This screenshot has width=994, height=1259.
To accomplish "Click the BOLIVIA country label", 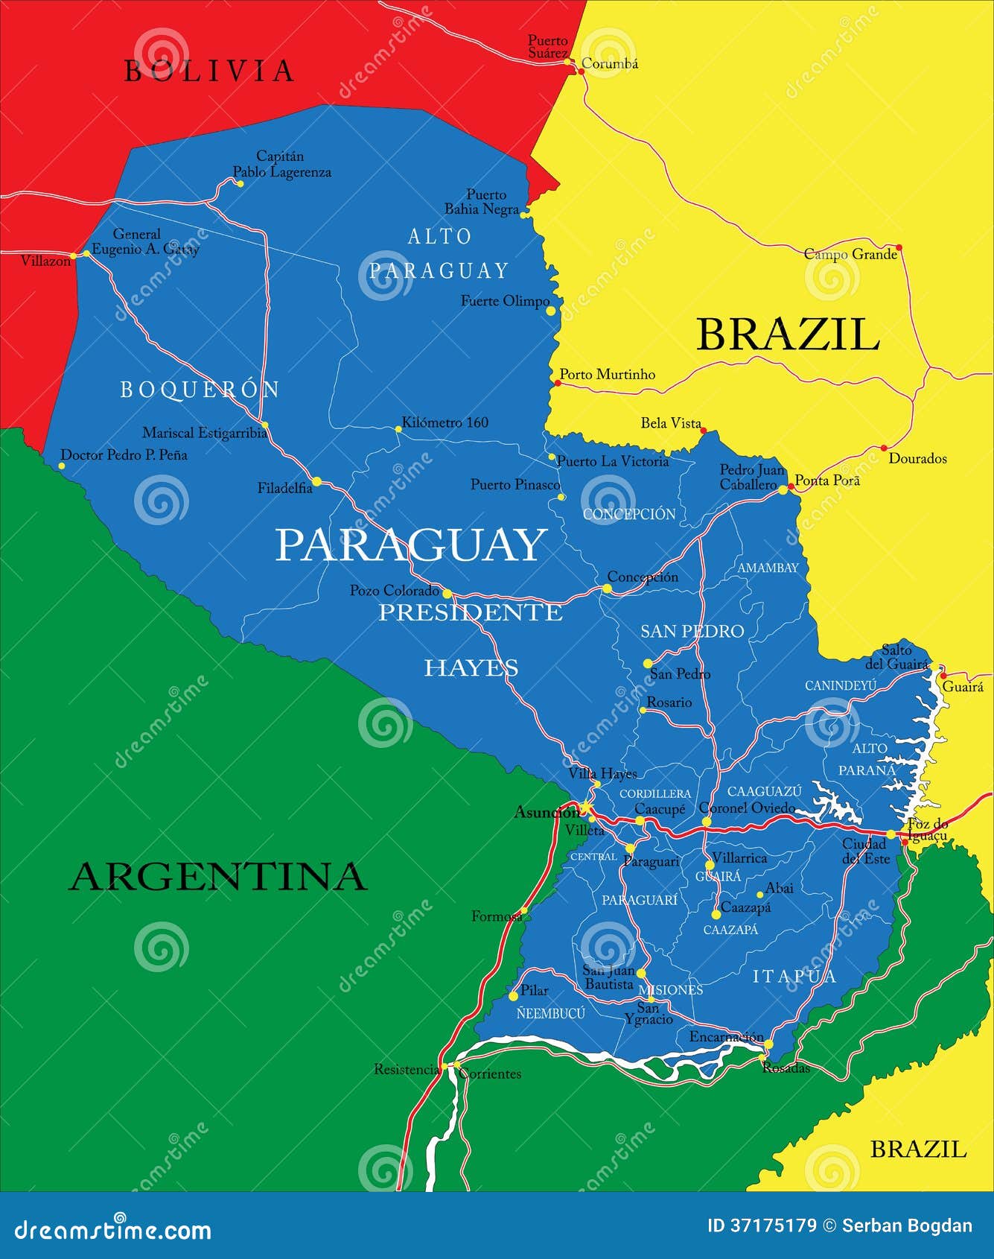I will pyautogui.click(x=208, y=72).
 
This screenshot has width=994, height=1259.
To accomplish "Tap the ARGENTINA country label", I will pyautogui.click(x=218, y=876).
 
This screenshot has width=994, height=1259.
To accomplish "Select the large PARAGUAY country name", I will pyautogui.click(x=411, y=545).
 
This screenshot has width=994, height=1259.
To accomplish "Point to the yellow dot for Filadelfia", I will pyautogui.click(x=316, y=482).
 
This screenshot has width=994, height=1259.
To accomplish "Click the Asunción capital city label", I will pyautogui.click(x=546, y=812).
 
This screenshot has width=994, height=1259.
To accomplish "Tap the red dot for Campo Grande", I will pyautogui.click(x=899, y=247).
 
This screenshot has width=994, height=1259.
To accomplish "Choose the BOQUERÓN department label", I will pyautogui.click(x=200, y=390).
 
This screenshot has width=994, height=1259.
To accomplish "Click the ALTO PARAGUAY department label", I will pyautogui.click(x=439, y=253).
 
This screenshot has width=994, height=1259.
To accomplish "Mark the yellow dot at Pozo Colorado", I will pyautogui.click(x=447, y=594).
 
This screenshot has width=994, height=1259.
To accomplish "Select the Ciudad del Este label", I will pyautogui.click(x=865, y=851).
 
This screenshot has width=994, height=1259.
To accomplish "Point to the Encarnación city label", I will pyautogui.click(x=726, y=1037).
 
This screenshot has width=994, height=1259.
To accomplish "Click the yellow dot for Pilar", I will pyautogui.click(x=513, y=996).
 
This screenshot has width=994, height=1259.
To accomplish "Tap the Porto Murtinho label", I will pyautogui.click(x=607, y=374).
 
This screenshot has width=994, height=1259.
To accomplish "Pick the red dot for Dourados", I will pyautogui.click(x=884, y=448).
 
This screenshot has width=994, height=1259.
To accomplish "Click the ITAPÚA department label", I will pyautogui.click(x=794, y=976).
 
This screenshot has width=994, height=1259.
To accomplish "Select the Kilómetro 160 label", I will pyautogui.click(x=445, y=422).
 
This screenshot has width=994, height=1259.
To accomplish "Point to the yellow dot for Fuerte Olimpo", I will pyautogui.click(x=551, y=311).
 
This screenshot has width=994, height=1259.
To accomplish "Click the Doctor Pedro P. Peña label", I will pyautogui.click(x=124, y=454).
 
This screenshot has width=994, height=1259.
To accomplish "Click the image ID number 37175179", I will pyautogui.click(x=771, y=1225).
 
